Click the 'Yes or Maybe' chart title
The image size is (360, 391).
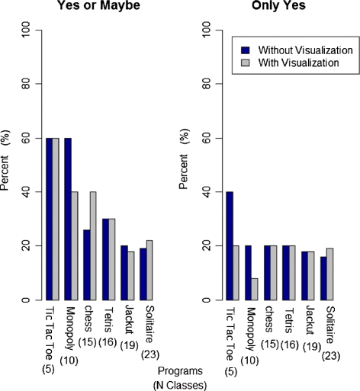pyautogui.click(x=98, y=5)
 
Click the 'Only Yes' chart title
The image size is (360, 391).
pyautogui.click(x=278, y=5)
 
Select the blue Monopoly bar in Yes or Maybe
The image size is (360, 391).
pyautogui.click(x=68, y=219)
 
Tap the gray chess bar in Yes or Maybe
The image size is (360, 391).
pyautogui.click(x=93, y=246)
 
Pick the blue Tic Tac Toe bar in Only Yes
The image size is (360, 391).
pyautogui.click(x=230, y=246)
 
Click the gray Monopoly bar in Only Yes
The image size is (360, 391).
pyautogui.click(x=255, y=289)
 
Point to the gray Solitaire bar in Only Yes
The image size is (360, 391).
pyautogui.click(x=330, y=274)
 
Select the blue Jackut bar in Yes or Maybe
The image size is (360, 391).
pyautogui.click(x=124, y=273)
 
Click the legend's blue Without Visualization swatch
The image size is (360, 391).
pyautogui.click(x=246, y=50)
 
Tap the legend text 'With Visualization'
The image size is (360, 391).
pyautogui.click(x=298, y=62)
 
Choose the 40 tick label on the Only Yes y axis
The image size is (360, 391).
pyautogui.click(x=207, y=192)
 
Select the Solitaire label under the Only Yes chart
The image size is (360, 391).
pyautogui.click(x=331, y=325)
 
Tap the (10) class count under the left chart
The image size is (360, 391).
pyautogui.click(x=69, y=361)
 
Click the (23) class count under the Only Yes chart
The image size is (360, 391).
pyautogui.click(x=331, y=356)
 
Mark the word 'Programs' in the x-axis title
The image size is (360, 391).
pyautogui.click(x=180, y=371)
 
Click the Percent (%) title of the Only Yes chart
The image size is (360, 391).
pyautogui.click(x=184, y=159)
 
